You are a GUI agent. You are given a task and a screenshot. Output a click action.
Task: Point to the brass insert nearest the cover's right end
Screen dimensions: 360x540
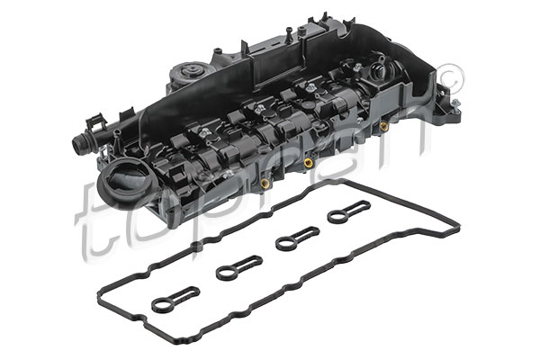point(384,126)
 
